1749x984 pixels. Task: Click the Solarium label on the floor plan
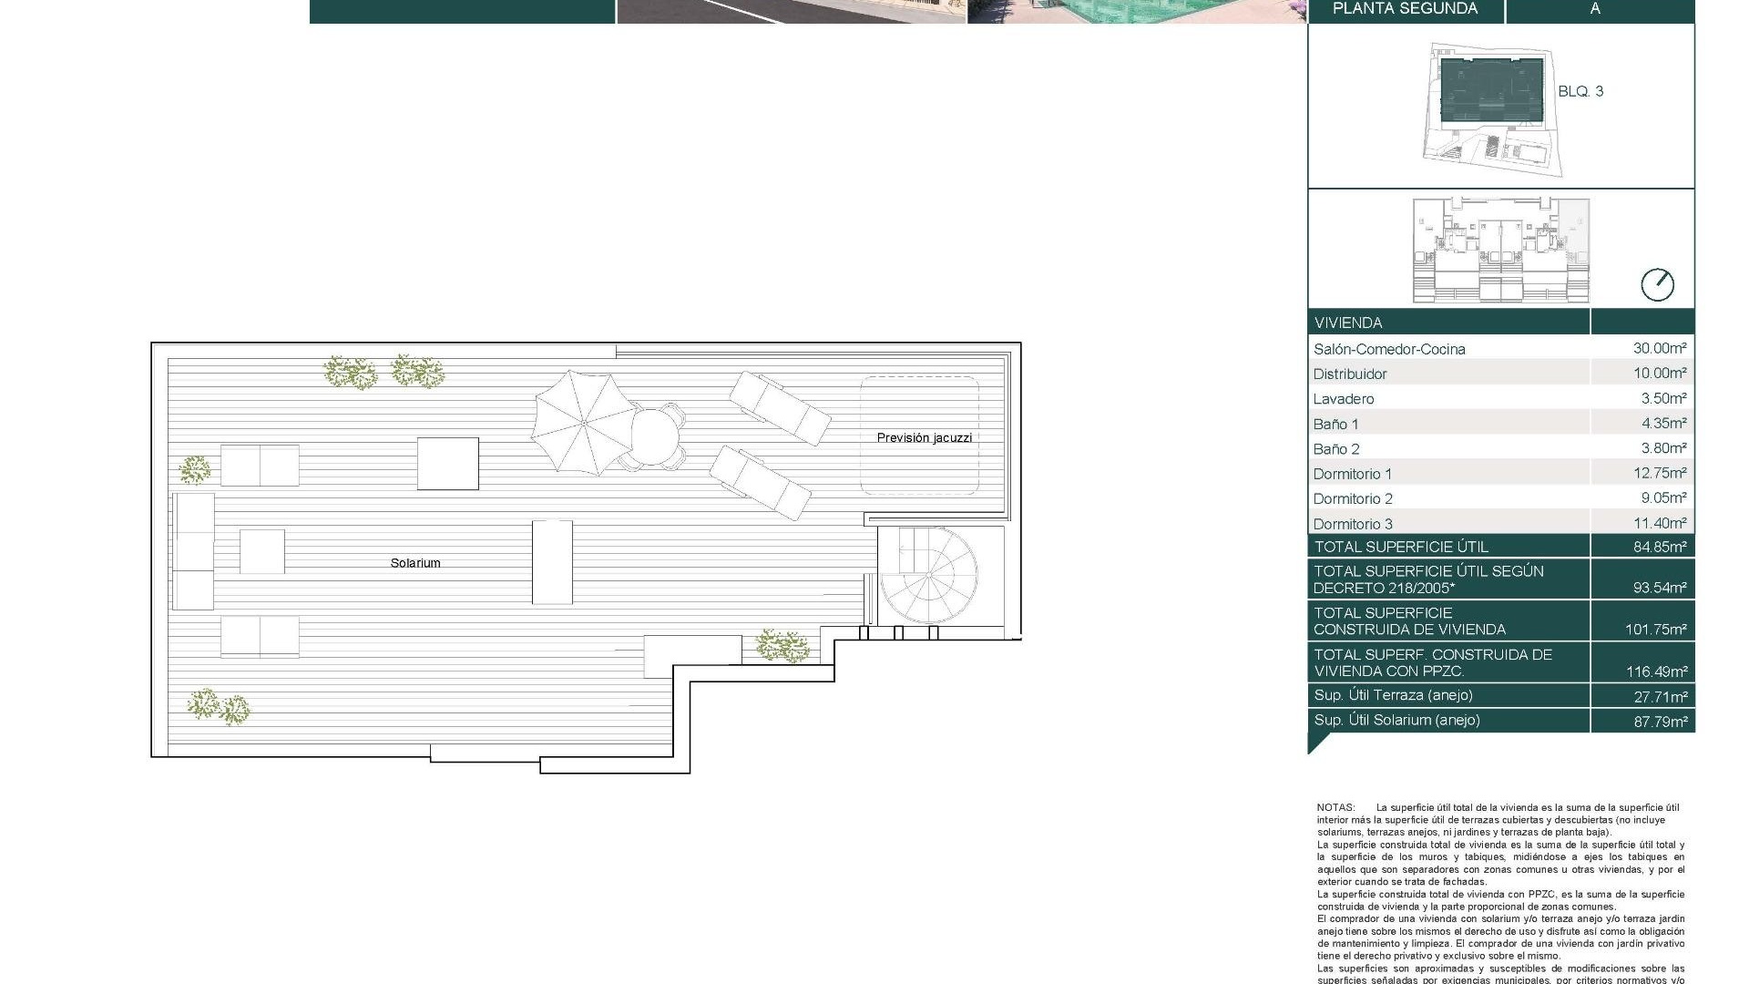(415, 563)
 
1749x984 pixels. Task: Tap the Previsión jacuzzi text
(924, 438)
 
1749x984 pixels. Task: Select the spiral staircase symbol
(929, 575)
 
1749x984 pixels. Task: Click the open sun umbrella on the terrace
(583, 422)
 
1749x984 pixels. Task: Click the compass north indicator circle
(1657, 285)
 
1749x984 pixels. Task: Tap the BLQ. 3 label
(1580, 91)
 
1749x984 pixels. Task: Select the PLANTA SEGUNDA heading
(1405, 9)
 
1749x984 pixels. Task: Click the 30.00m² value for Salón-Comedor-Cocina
(1659, 348)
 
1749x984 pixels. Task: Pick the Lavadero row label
(1344, 399)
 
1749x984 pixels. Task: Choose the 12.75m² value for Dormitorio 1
(1659, 473)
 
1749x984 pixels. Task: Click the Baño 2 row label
(1336, 449)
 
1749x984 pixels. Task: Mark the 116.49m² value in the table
(1656, 671)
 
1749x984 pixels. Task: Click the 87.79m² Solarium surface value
(1659, 721)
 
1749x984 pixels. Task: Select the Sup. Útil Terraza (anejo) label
(1393, 695)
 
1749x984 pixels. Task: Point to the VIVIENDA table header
(1348, 323)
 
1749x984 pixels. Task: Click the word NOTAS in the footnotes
(1335, 807)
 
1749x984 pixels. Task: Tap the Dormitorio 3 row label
(1353, 524)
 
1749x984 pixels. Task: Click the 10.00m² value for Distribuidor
(1659, 373)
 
